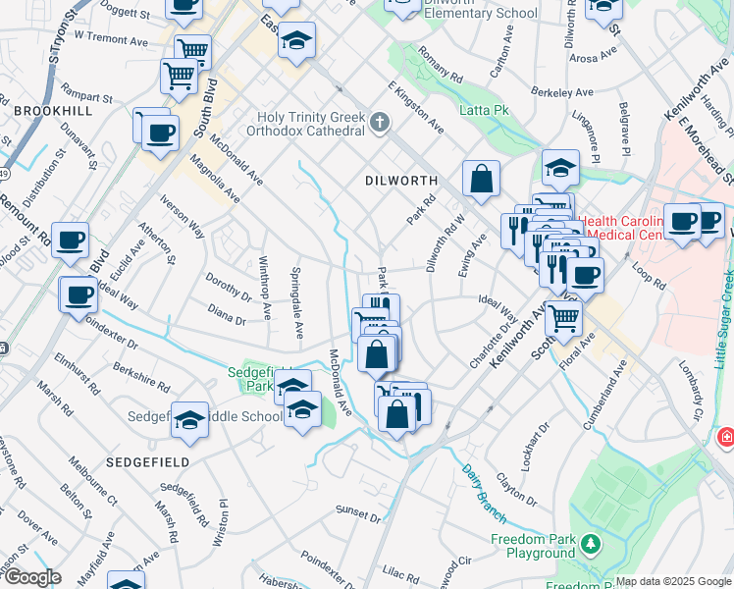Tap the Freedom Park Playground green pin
coord(590,543)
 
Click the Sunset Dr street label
coord(357,512)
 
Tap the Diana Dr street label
coord(227,318)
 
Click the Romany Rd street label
coord(439,61)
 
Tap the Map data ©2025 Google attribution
coord(673,581)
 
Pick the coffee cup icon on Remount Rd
coord(70,240)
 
